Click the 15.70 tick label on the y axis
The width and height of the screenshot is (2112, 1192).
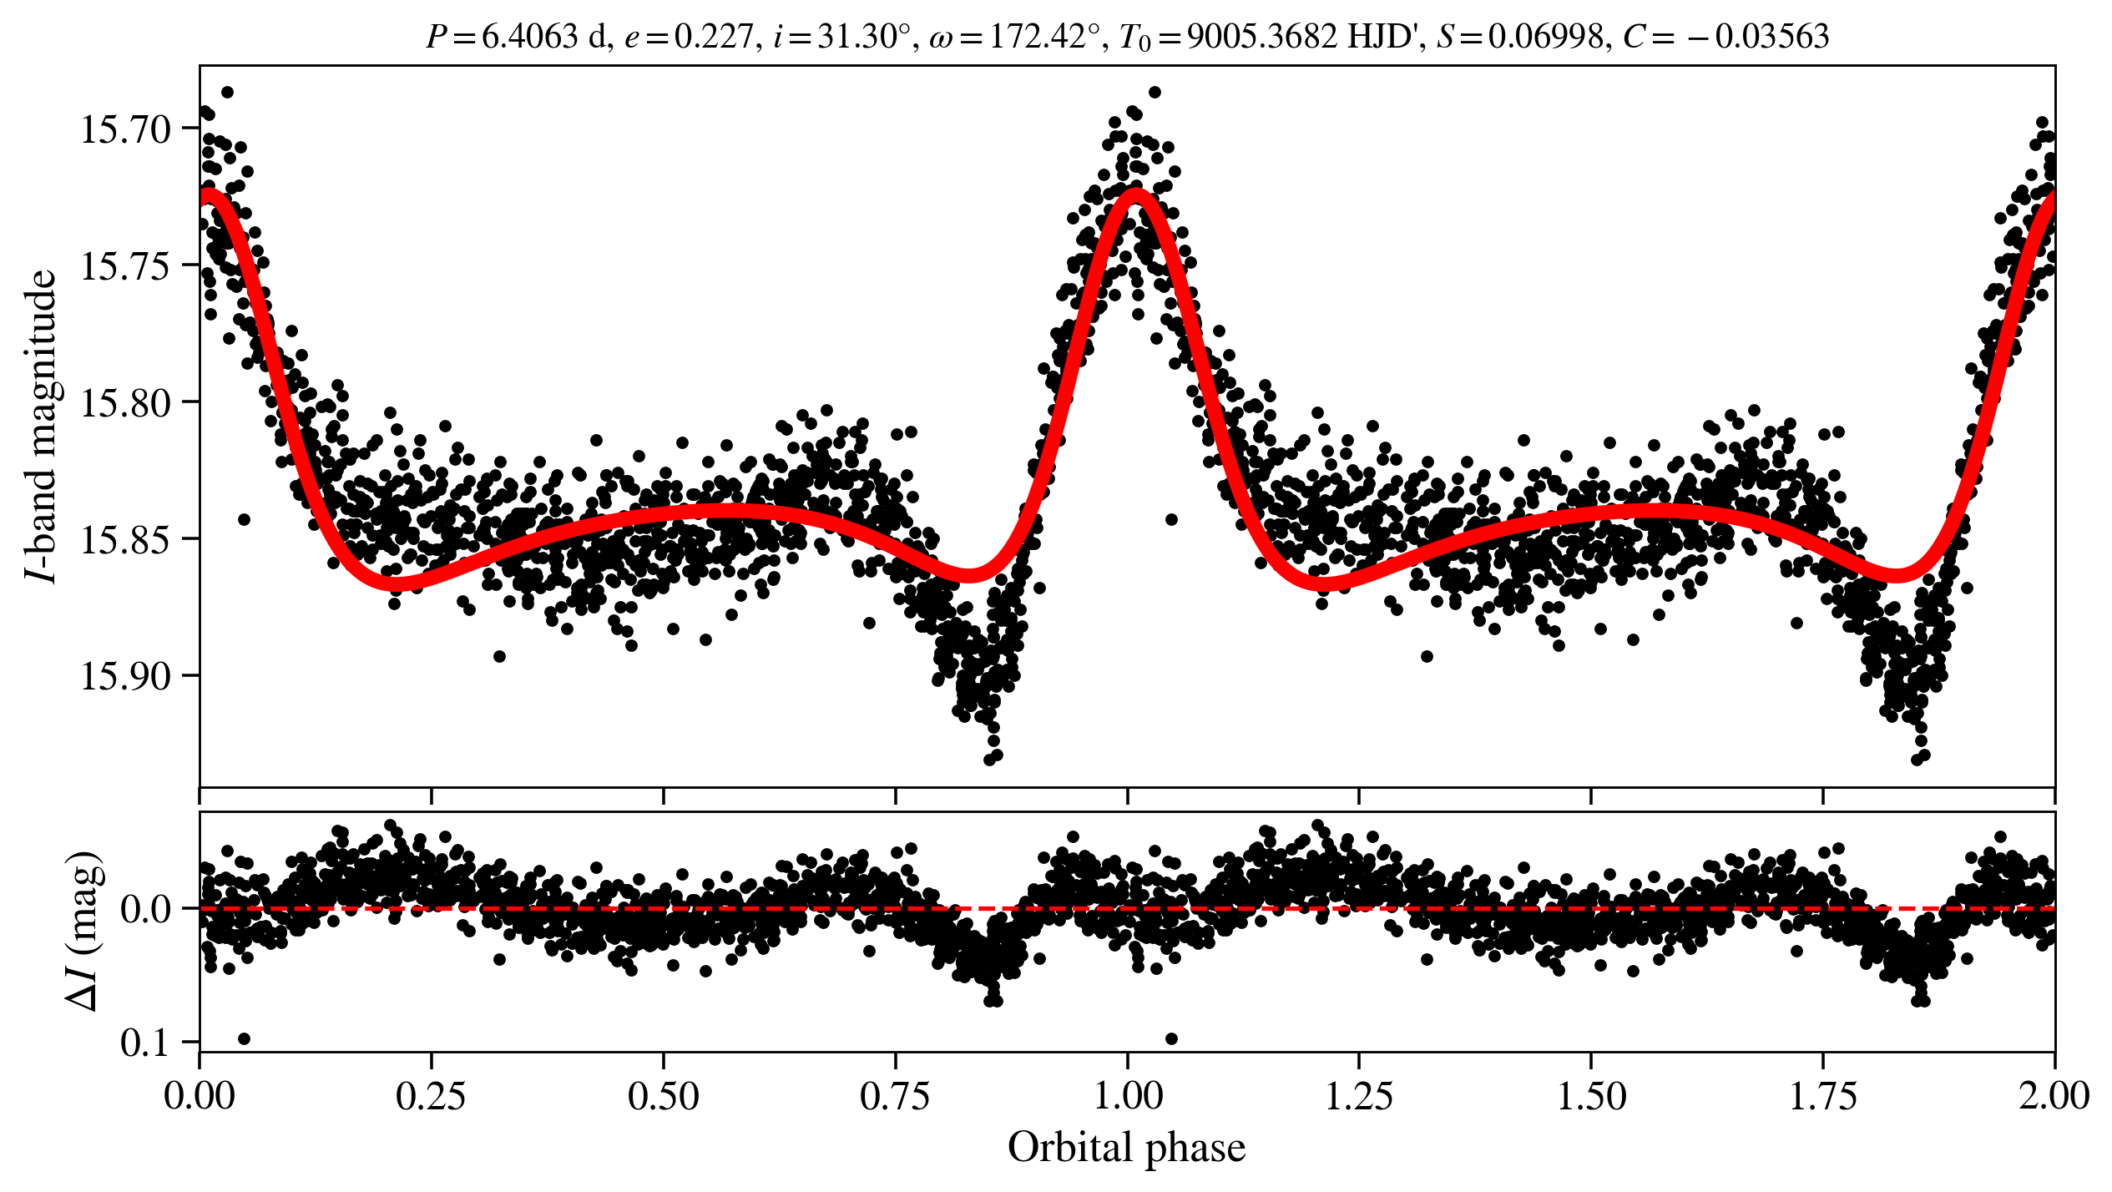pyautogui.click(x=125, y=129)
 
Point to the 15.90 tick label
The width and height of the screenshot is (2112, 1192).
pyautogui.click(x=125, y=676)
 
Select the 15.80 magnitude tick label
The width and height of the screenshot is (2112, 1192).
pyautogui.click(x=125, y=403)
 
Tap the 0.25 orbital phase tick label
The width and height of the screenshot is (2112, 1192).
pyautogui.click(x=431, y=1096)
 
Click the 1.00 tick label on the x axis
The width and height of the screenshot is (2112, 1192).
pyautogui.click(x=1128, y=1096)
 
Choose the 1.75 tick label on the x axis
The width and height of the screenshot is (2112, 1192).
pyautogui.click(x=1823, y=1096)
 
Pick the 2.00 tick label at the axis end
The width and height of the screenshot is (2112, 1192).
pyautogui.click(x=2054, y=1096)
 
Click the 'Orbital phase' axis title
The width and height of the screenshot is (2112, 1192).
pyautogui.click(x=1127, y=1148)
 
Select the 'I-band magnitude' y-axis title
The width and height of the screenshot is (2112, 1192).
pyautogui.click(x=42, y=426)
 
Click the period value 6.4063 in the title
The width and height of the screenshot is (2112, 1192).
pyautogui.click(x=530, y=37)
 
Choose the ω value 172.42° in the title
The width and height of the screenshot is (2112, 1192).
pyautogui.click(x=1044, y=37)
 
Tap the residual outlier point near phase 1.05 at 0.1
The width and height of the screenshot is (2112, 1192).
pyautogui.click(x=1171, y=1038)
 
